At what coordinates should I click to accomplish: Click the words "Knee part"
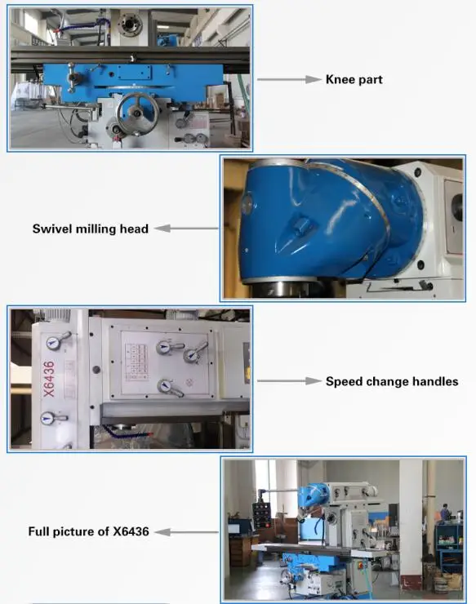tap(354, 79)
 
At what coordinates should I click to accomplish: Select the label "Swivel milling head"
tap(91, 229)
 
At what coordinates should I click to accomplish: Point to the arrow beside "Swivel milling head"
tap(185, 229)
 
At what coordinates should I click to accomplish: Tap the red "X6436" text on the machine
tap(48, 380)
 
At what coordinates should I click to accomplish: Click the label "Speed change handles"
tap(392, 381)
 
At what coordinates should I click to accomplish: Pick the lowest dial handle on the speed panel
tap(169, 389)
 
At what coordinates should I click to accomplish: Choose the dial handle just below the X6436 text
tap(54, 419)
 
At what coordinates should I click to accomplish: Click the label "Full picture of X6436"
tap(89, 531)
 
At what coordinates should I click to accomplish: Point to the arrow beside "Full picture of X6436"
tap(185, 531)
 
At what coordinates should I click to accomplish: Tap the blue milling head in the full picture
tap(313, 495)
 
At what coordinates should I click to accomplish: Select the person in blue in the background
tap(445, 513)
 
